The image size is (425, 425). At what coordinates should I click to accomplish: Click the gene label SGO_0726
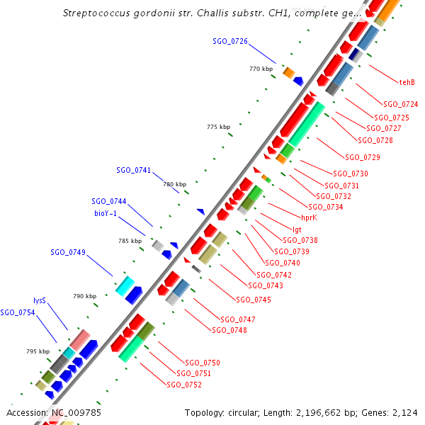(230, 41)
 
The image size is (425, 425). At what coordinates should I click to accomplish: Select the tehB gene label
(407, 82)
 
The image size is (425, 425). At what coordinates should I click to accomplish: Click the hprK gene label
(309, 218)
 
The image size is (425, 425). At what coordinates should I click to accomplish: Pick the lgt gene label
(297, 229)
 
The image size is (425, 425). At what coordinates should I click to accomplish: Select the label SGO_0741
(134, 170)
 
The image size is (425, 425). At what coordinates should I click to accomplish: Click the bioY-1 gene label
(106, 212)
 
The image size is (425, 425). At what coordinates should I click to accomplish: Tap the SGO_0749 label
(68, 252)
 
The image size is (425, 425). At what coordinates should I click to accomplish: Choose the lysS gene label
(40, 300)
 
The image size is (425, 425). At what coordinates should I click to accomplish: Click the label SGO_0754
(18, 312)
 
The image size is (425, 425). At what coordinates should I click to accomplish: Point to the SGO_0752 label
(184, 385)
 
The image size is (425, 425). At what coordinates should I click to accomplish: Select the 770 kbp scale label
(261, 69)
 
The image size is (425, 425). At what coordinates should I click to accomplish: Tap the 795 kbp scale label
(38, 351)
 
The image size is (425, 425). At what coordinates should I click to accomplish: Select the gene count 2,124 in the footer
(405, 412)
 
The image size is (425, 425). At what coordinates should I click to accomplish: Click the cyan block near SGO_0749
(125, 285)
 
